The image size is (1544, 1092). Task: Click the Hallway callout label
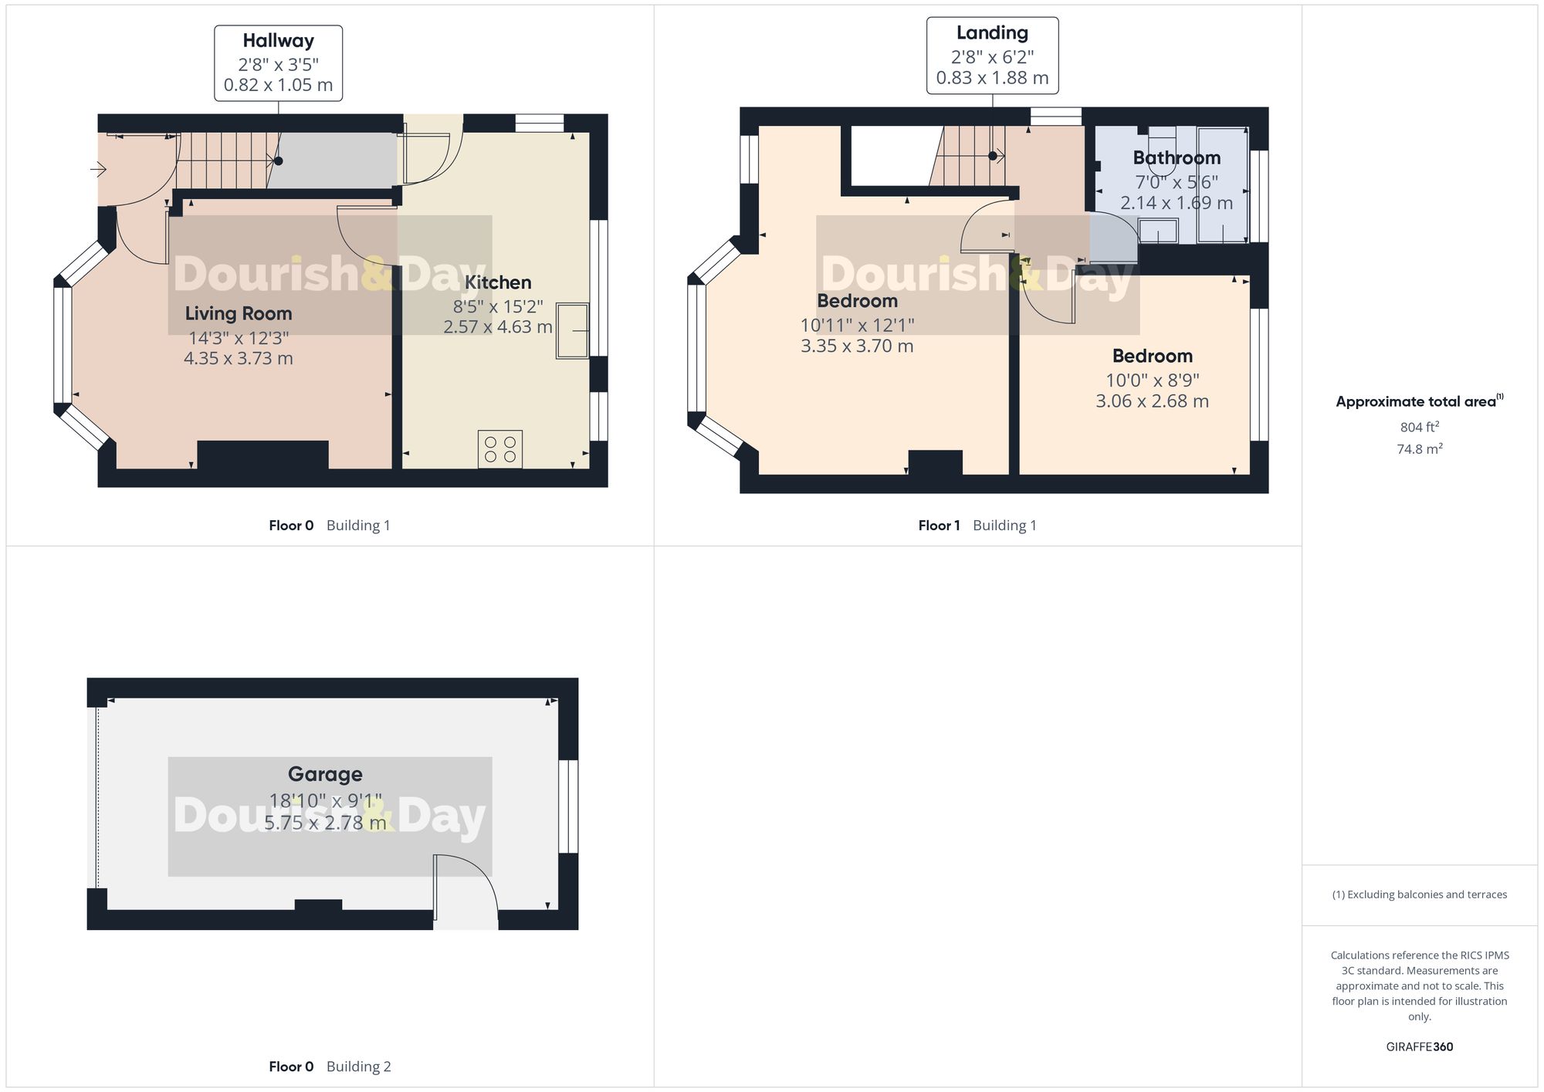pos(278,63)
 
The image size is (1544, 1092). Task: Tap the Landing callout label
pos(992,56)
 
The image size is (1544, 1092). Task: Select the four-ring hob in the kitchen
pos(500,449)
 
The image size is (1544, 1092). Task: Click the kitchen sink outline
pos(572,331)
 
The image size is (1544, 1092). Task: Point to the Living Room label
pos(239,313)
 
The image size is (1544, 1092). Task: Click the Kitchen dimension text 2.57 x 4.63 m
pos(498,326)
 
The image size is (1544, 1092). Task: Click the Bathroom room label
pos(1177,157)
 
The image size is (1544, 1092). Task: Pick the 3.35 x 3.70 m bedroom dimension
pos(857,346)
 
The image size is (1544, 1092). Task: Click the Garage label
pos(325,774)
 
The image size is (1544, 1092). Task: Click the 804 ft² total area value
pos(1419,427)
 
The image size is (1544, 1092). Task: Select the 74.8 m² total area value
pos(1419,448)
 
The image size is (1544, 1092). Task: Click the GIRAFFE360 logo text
pos(1419,1046)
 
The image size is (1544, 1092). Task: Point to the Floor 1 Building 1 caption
pos(977,526)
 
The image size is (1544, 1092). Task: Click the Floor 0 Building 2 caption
pos(330,1067)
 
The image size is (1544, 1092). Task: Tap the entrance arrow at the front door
pos(98,168)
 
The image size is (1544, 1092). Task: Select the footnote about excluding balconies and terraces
pos(1419,894)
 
